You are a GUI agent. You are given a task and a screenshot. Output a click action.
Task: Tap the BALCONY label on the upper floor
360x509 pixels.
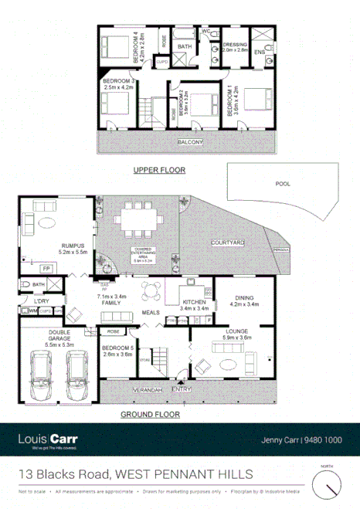pos(189,142)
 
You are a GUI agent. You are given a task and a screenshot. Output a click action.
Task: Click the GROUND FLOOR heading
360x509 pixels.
pos(150,414)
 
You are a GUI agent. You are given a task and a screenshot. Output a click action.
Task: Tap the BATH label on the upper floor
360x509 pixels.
pos(185,47)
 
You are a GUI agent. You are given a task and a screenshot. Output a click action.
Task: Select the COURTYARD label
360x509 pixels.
pos(227,243)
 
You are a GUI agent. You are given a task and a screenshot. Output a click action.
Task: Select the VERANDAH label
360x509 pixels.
pos(147,389)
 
